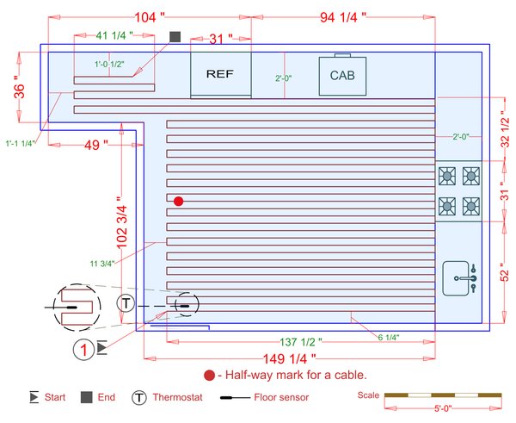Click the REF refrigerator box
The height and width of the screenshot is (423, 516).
(x=220, y=75)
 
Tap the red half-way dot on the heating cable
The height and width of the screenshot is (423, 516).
(x=179, y=201)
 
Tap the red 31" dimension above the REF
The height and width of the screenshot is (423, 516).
(x=221, y=39)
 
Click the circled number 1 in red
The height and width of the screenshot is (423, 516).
(x=83, y=349)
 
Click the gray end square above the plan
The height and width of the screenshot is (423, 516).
(x=175, y=37)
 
